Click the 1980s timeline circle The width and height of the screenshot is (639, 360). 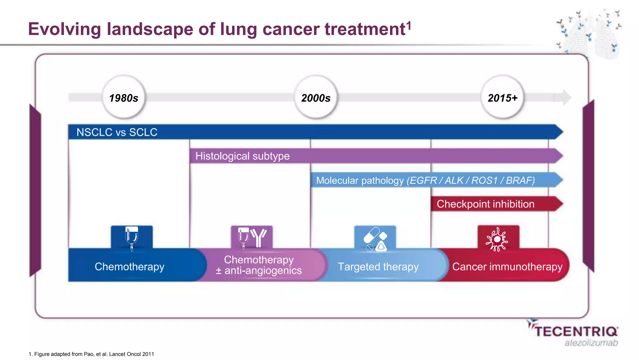pyautogui.click(x=124, y=98)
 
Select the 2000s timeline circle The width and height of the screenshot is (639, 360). pyautogui.click(x=316, y=98)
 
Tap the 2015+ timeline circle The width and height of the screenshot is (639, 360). pyautogui.click(x=502, y=98)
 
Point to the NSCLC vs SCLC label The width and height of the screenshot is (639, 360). pyautogui.click(x=117, y=132)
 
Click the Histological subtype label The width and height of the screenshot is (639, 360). pyautogui.click(x=242, y=156)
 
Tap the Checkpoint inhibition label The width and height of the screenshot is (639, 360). pyautogui.click(x=485, y=204)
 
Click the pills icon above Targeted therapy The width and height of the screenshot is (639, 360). pyautogui.click(x=375, y=239)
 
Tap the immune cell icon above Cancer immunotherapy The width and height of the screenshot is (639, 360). pyautogui.click(x=497, y=239)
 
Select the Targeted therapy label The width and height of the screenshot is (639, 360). pyautogui.click(x=378, y=267)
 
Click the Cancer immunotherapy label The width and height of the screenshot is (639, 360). pyautogui.click(x=507, y=267)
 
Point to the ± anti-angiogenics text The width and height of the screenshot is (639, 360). pyautogui.click(x=259, y=271)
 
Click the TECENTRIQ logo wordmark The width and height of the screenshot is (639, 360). pyautogui.click(x=576, y=331)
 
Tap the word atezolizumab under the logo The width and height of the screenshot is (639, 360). pyautogui.click(x=591, y=343)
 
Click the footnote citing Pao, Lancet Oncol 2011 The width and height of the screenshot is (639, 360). pyautogui.click(x=91, y=354)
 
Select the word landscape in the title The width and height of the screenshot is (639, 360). pyautogui.click(x=150, y=29)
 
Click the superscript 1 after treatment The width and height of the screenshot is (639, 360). pyautogui.click(x=409, y=25)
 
